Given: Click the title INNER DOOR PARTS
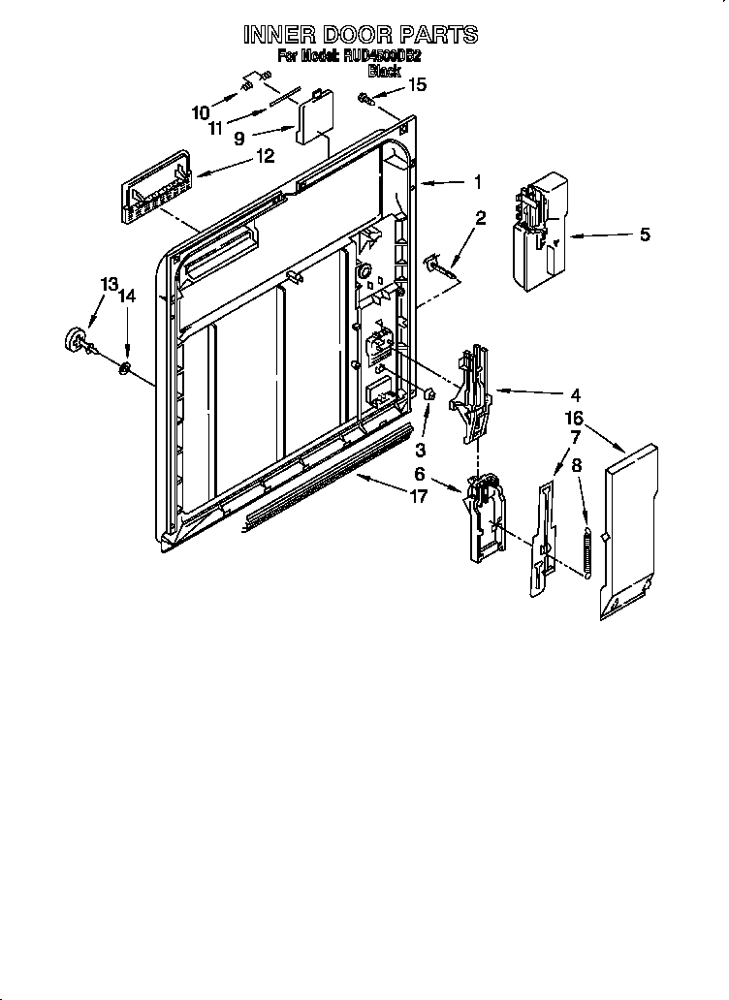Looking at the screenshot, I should pyautogui.click(x=360, y=35).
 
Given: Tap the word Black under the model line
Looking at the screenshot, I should pyautogui.click(x=384, y=71).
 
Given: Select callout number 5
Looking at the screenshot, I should pyautogui.click(x=645, y=234).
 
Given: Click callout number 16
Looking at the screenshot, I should pyautogui.click(x=574, y=418).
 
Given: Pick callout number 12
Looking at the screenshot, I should pyautogui.click(x=263, y=155).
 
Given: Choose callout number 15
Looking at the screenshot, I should pyautogui.click(x=416, y=85).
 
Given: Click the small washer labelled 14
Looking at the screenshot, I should pyautogui.click(x=126, y=368).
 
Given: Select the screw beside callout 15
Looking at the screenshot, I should pyautogui.click(x=363, y=97).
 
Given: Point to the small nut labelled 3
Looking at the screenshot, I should pyautogui.click(x=428, y=393).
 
